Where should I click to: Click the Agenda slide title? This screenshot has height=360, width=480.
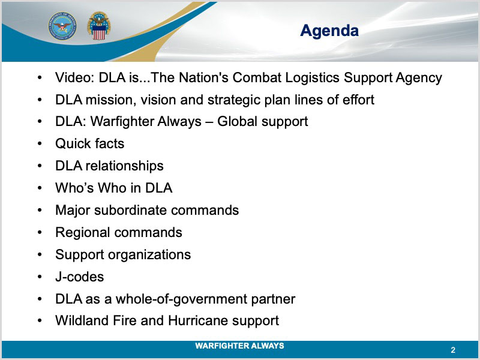329,31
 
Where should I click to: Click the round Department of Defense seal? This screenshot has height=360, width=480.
62,26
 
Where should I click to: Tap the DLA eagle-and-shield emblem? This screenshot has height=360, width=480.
99,26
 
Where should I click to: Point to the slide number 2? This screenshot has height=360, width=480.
453,350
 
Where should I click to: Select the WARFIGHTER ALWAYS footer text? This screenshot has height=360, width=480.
239,346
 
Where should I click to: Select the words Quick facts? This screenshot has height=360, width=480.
89,143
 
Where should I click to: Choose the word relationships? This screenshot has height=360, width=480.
125,166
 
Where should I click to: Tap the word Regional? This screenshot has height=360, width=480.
83,233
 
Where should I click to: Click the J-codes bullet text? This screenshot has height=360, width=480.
80,277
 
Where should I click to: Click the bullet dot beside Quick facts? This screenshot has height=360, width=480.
40,144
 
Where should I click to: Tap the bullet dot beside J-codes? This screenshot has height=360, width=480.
40,277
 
